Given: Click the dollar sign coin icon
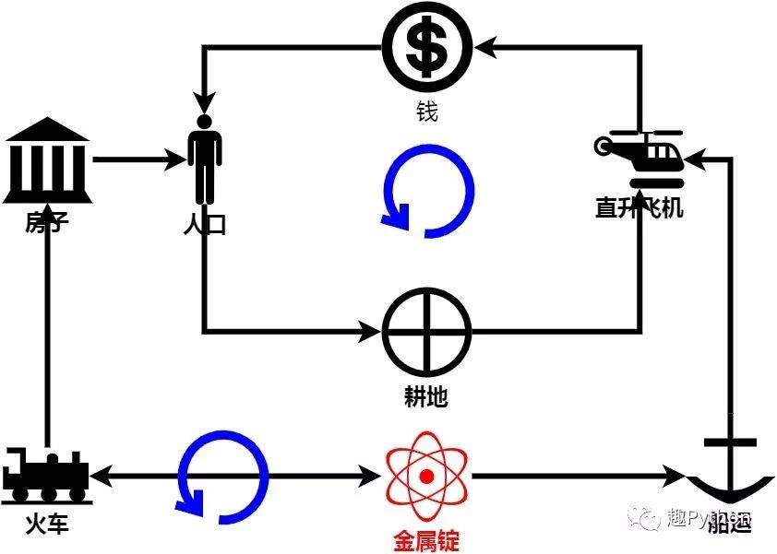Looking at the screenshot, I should [427, 46].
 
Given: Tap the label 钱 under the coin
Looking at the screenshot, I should [426, 112].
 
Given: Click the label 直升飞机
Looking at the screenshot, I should [640, 208].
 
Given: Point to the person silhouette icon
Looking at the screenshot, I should [205, 159].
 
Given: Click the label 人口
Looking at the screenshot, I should [204, 224].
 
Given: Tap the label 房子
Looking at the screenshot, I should [47, 222].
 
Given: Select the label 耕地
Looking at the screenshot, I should [426, 397].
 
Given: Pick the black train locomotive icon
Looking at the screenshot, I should [45, 476].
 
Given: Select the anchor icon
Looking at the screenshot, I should [730, 470].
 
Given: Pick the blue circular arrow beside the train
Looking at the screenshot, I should [222, 477].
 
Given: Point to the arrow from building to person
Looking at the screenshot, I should [138, 159].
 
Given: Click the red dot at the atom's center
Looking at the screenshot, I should [426, 477].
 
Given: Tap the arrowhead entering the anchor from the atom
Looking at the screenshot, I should [676, 477].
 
